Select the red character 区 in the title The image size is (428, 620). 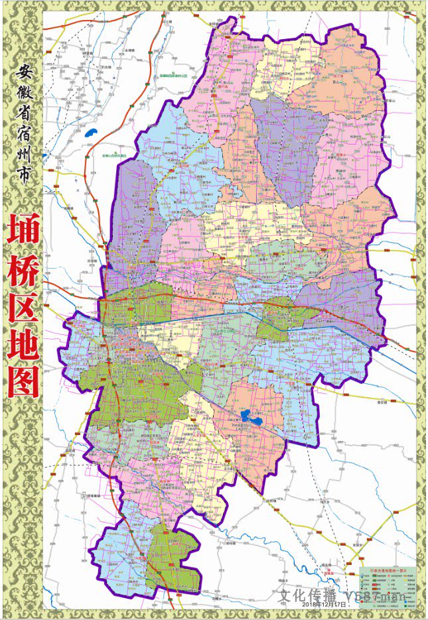23,310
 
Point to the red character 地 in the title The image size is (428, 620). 23,346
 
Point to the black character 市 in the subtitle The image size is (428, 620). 23,199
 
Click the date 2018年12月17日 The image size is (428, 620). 323,604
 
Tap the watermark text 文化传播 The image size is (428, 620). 305,595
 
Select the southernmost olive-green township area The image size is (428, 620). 174,557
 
